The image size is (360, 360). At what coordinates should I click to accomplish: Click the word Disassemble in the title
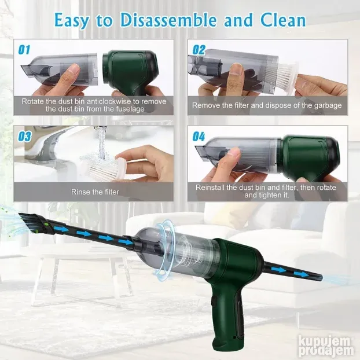[x=168, y=20]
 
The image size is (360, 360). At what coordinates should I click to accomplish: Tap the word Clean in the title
[x=284, y=20]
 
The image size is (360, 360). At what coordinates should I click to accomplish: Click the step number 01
[x=24, y=50]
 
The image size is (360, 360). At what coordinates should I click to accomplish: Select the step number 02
[x=199, y=50]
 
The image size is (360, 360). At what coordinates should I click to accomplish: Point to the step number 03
[x=24, y=137]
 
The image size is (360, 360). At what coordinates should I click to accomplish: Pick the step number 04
[x=199, y=137]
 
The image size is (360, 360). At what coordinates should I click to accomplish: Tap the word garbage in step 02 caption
[x=328, y=105]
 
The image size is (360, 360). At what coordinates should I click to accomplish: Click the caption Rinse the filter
[x=95, y=192]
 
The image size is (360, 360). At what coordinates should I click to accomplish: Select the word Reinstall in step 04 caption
[x=210, y=188]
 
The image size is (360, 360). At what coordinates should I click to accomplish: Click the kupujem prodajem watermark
[x=326, y=348]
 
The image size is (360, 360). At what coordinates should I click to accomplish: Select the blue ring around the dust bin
[x=163, y=248]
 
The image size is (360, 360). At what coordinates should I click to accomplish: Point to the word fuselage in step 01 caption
[x=130, y=109]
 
